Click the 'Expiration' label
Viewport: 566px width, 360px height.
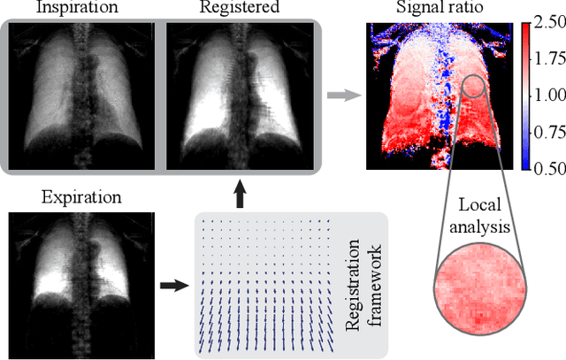(76, 195)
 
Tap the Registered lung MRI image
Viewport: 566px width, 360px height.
(238, 93)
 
